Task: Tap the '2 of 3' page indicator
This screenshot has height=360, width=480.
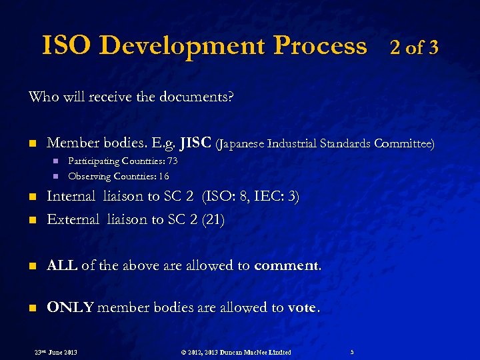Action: click(x=413, y=47)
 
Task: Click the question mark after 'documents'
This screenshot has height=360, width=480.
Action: click(x=231, y=97)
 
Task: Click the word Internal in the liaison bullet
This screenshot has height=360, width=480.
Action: click(x=71, y=197)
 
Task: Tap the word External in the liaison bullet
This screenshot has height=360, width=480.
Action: click(x=73, y=219)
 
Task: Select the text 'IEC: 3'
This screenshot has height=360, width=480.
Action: click(x=278, y=197)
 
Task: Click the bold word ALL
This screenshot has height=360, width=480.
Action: click(x=61, y=265)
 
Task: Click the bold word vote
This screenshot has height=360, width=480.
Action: click(x=303, y=308)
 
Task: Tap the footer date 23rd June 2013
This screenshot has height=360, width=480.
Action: click(x=55, y=352)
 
